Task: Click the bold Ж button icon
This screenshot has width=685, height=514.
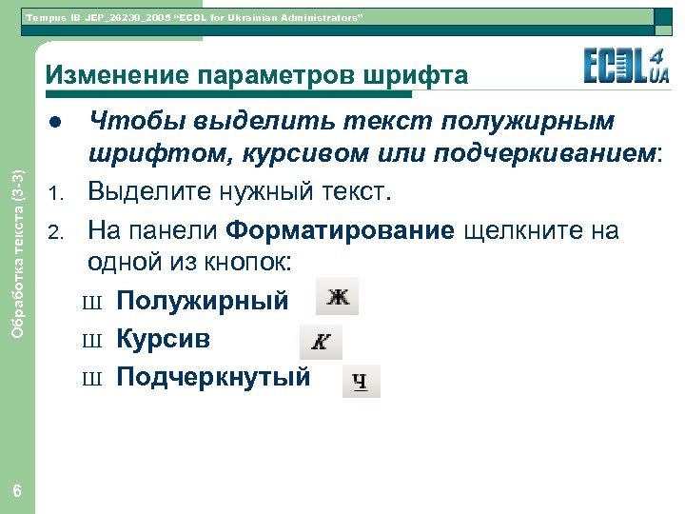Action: click(x=338, y=298)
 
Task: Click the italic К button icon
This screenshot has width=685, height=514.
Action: click(x=321, y=342)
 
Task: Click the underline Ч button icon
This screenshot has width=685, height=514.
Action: click(x=361, y=381)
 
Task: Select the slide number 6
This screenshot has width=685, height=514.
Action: click(x=17, y=491)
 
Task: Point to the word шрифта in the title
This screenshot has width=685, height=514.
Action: click(x=418, y=75)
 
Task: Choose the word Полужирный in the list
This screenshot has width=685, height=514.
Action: click(x=202, y=301)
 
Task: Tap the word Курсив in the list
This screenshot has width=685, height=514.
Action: click(x=163, y=339)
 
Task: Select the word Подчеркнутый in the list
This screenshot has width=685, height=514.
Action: click(x=213, y=377)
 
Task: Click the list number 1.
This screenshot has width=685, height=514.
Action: click(x=55, y=196)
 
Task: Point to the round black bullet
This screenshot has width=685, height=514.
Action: click(x=56, y=122)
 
